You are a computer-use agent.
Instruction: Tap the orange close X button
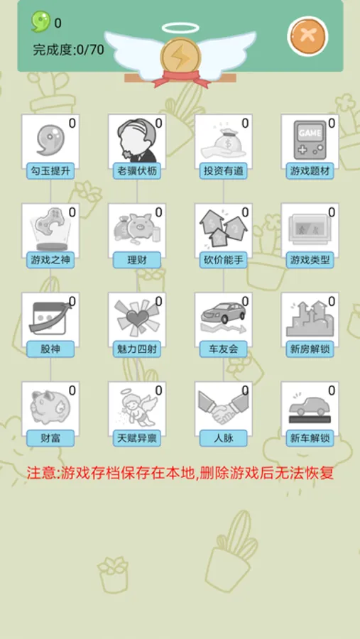[x=307, y=35]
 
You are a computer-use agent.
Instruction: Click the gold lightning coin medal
[x=180, y=57]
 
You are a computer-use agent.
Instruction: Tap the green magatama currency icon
[x=40, y=22]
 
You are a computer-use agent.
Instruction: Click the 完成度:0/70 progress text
[x=68, y=50]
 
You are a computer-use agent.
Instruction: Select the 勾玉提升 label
[x=50, y=171]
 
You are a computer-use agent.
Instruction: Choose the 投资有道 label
[x=224, y=171]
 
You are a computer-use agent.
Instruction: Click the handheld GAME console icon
[x=309, y=141]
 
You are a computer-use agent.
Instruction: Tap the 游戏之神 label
[x=50, y=260]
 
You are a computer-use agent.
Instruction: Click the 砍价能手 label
[x=224, y=260]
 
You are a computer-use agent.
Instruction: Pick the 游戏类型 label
[x=310, y=260]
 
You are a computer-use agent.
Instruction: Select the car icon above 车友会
[x=222, y=317]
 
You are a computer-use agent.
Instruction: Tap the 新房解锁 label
[x=310, y=349]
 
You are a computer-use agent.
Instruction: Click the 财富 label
[x=50, y=438]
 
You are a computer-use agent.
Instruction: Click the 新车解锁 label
[x=310, y=438]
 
